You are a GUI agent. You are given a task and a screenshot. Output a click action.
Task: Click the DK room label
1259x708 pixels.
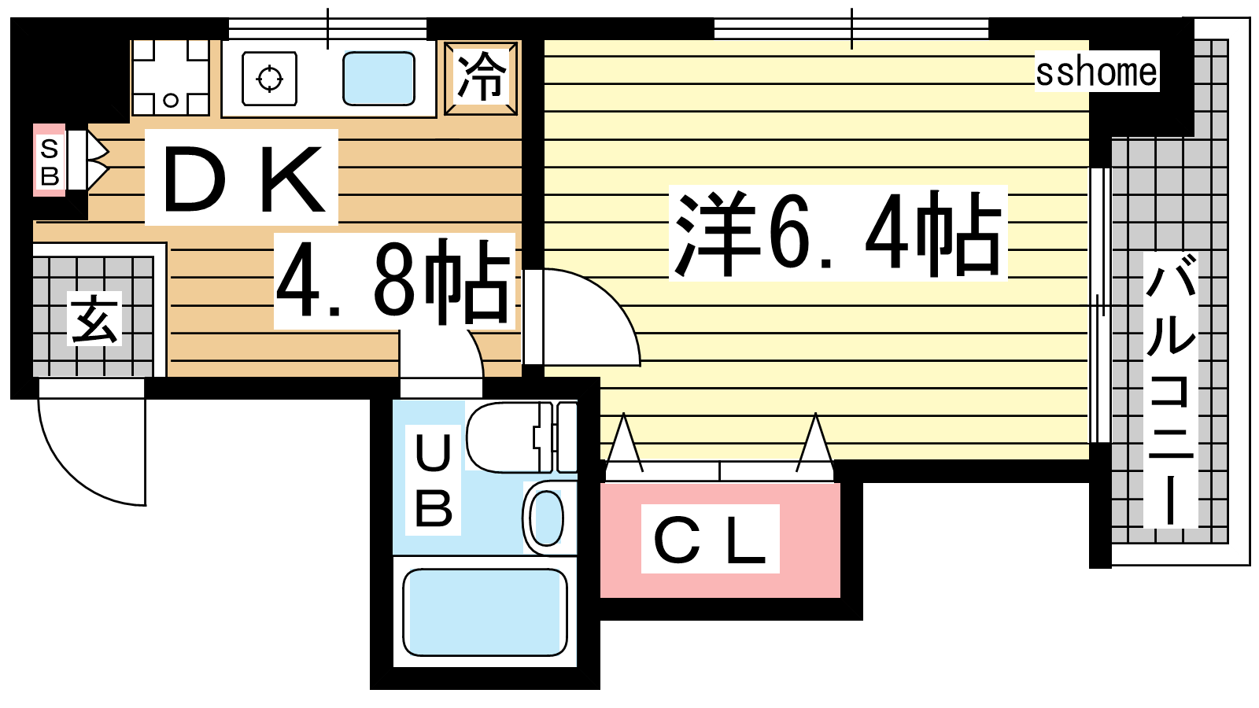[242, 178]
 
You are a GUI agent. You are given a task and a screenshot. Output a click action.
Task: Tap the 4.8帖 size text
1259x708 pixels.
[394, 281]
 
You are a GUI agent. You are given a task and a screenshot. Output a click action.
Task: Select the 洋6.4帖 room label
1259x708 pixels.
[837, 233]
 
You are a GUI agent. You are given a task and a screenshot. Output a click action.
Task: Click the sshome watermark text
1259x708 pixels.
[1097, 72]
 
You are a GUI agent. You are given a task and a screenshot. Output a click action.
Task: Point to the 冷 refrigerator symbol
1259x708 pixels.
[481, 78]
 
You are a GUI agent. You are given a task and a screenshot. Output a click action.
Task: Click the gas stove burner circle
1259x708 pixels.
[269, 78]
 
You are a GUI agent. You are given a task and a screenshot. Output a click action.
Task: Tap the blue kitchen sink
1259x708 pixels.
[378, 79]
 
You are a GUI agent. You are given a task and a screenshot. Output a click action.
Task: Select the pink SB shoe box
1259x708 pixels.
[50, 160]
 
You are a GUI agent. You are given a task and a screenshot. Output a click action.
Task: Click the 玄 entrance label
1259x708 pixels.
[94, 318]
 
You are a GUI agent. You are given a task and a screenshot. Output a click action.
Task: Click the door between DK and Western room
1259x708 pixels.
[582, 317]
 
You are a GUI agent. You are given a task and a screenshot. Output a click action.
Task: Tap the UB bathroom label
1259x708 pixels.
[434, 481]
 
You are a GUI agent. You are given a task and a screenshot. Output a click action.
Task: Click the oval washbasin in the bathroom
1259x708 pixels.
[548, 518]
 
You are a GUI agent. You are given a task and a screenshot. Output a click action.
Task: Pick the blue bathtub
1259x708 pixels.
[485, 612]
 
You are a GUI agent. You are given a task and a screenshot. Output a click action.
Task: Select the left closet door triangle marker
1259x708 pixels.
[623, 443]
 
